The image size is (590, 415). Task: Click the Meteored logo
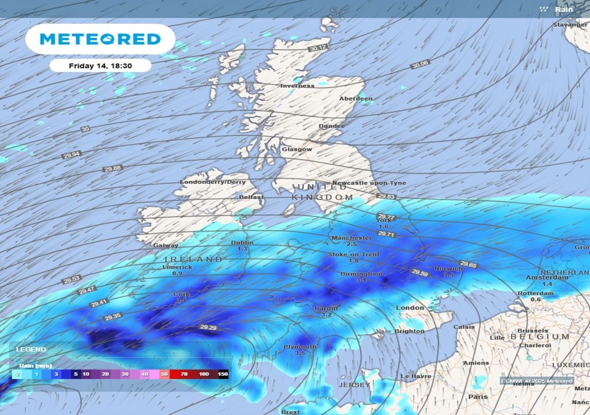tap(100, 39)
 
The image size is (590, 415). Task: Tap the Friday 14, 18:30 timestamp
tap(100, 66)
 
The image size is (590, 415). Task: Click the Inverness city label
tap(297, 86)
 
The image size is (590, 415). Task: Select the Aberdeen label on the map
tap(355, 99)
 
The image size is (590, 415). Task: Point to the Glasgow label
tap(297, 149)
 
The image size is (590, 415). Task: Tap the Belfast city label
tap(251, 197)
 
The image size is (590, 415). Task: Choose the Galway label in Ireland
tap(166, 246)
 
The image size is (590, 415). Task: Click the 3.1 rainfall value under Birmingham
tap(361, 280)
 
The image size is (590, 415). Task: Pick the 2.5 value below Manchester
tap(352, 244)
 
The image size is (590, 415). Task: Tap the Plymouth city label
tap(300, 347)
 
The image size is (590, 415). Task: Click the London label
tap(410, 308)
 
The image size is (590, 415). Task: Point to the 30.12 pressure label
tap(317, 47)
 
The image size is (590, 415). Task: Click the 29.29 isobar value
tap(208, 327)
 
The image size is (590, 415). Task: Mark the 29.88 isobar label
tap(113, 168)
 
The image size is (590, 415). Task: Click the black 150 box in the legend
tap(222, 374)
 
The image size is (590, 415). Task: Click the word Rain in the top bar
tap(563, 9)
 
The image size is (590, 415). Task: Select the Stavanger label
tap(570, 25)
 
